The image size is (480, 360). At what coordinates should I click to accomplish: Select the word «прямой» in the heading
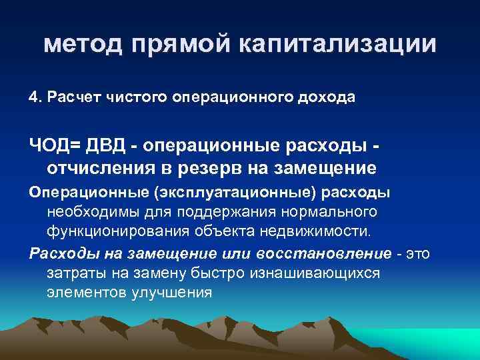[179, 45]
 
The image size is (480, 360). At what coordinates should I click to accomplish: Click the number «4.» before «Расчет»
[35, 97]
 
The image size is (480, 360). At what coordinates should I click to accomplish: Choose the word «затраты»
[73, 273]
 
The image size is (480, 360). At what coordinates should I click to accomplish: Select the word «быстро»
[219, 273]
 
